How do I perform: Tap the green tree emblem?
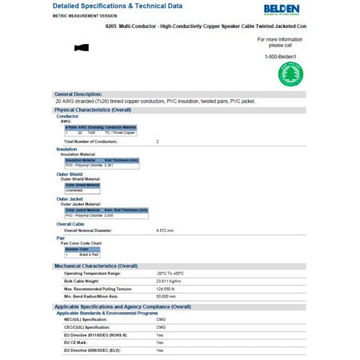[290, 74]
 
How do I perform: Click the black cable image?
[81, 48]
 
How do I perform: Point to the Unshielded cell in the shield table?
[82, 190]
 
